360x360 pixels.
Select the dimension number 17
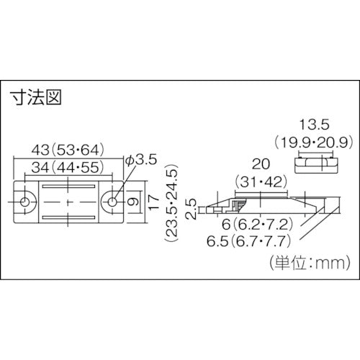(x=151, y=203)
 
